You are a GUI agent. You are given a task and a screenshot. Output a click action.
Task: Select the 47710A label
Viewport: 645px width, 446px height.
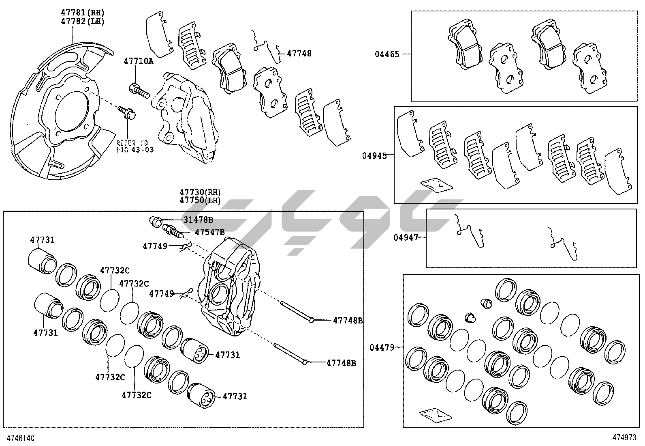pyautogui.click(x=139, y=61)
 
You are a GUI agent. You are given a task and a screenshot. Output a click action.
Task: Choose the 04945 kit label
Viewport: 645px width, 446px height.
pyautogui.click(x=374, y=155)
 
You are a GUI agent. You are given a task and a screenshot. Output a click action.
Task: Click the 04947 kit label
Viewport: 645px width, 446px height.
pyautogui.click(x=406, y=237)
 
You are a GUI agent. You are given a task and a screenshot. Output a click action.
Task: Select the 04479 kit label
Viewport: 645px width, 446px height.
pyautogui.click(x=382, y=347)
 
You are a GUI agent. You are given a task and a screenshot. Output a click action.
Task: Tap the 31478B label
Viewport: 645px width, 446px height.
pyautogui.click(x=198, y=220)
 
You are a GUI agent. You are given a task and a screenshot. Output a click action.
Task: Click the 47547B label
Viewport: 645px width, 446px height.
pyautogui.click(x=209, y=232)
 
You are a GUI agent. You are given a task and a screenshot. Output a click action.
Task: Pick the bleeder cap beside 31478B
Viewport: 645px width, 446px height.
pyautogui.click(x=155, y=221)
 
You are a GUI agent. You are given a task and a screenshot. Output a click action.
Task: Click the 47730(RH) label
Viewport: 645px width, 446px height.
pyautogui.click(x=200, y=192)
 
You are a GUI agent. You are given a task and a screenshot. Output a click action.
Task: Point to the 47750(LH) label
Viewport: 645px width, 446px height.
pyautogui.click(x=200, y=200)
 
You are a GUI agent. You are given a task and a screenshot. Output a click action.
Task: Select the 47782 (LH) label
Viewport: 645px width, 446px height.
pyautogui.click(x=82, y=22)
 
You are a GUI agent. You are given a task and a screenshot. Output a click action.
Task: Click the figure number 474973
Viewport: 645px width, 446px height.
pyautogui.click(x=624, y=438)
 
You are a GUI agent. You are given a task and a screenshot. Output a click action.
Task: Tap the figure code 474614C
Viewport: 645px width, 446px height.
pyautogui.click(x=19, y=438)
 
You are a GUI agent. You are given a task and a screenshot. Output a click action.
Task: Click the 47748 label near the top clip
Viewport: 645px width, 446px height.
pyautogui.click(x=299, y=53)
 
